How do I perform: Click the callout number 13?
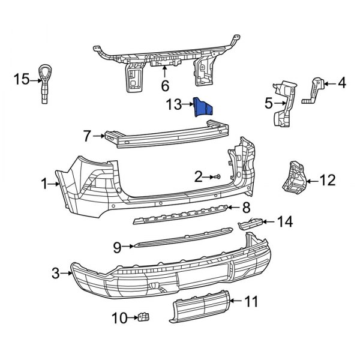pos(173,106)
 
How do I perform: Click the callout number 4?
pos(342,83)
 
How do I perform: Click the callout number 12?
pos(328,179)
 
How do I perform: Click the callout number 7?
pos(86,136)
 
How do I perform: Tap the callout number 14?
pos(284,223)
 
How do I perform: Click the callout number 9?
pos(117,245)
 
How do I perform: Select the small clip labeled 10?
pos(144,316)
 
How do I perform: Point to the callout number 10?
pos(119,317)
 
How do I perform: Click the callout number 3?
pos(56,274)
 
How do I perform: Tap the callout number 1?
pos(45,185)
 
